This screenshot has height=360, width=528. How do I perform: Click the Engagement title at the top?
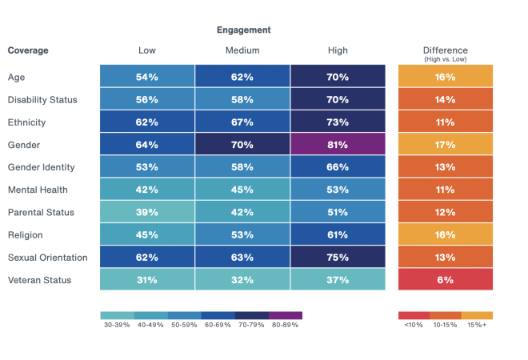(243, 30)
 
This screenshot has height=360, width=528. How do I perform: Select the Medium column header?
(242, 50)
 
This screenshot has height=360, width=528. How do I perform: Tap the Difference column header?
(446, 50)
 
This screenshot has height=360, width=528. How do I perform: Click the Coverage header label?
(28, 50)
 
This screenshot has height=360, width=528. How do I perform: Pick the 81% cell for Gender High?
(338, 145)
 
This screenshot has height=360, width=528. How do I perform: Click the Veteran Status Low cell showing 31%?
(147, 280)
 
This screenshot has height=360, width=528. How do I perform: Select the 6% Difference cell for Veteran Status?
(446, 280)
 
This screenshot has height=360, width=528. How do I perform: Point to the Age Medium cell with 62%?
(242, 78)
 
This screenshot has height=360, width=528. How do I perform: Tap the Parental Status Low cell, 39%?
(147, 213)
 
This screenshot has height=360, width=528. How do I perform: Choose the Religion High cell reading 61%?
(338, 235)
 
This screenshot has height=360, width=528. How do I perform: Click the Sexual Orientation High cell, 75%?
(338, 258)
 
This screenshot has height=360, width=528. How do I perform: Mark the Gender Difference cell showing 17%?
(446, 145)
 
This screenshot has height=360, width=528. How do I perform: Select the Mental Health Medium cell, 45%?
(242, 190)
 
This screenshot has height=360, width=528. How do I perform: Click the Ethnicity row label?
(26, 122)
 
